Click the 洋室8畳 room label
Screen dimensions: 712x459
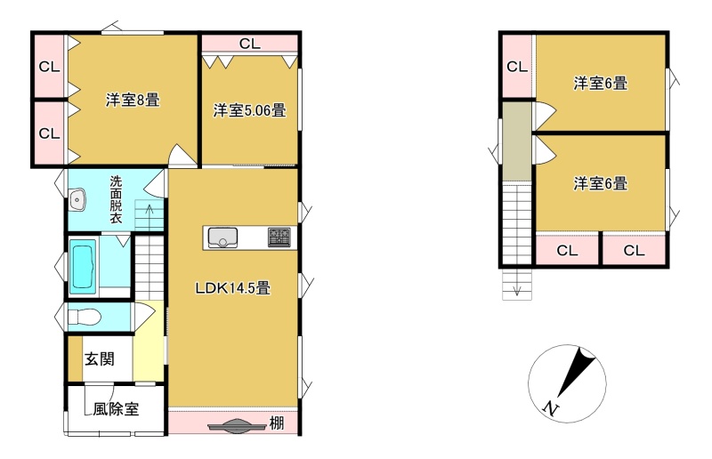click(x=133, y=100)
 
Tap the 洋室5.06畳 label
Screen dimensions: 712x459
click(x=250, y=110)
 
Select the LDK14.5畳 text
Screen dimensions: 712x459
click(x=233, y=288)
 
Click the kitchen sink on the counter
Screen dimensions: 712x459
click(x=222, y=238)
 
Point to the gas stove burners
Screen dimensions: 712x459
click(x=279, y=237)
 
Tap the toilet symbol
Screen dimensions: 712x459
click(x=84, y=317)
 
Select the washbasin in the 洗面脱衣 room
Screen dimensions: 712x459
click(x=77, y=200)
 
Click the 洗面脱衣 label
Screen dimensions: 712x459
click(x=117, y=200)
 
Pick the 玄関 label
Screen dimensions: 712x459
click(x=100, y=359)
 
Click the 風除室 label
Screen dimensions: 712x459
click(x=116, y=409)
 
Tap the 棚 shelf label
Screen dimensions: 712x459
click(x=277, y=423)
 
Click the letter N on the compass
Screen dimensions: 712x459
click(x=551, y=408)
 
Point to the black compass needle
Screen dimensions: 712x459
click(x=576, y=373)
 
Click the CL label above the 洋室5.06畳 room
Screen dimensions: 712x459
click(x=250, y=44)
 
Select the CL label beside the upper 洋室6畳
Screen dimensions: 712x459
click(x=517, y=67)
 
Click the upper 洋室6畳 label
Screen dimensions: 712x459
click(x=600, y=84)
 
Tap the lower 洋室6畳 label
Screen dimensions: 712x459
click(x=600, y=183)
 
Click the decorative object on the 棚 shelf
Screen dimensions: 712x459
click(x=236, y=426)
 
